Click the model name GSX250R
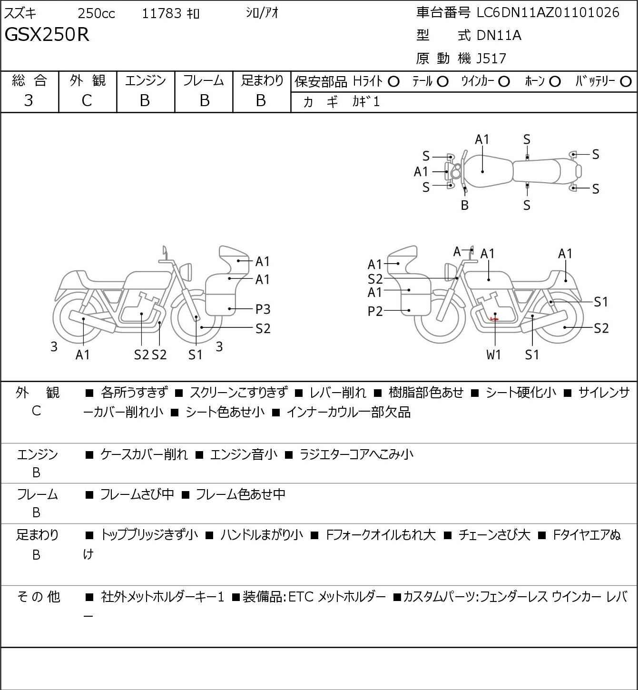click(47, 35)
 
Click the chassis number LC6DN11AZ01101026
click(548, 12)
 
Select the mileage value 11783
click(162, 13)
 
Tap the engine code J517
click(491, 59)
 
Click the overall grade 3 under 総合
click(29, 100)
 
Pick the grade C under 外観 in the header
click(87, 100)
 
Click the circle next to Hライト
click(393, 82)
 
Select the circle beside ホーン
click(555, 82)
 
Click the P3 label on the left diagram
click(263, 309)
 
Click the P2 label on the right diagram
click(375, 311)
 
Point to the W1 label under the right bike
click(494, 355)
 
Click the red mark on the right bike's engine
click(494, 319)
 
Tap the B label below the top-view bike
click(465, 206)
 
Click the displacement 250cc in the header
click(97, 13)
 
